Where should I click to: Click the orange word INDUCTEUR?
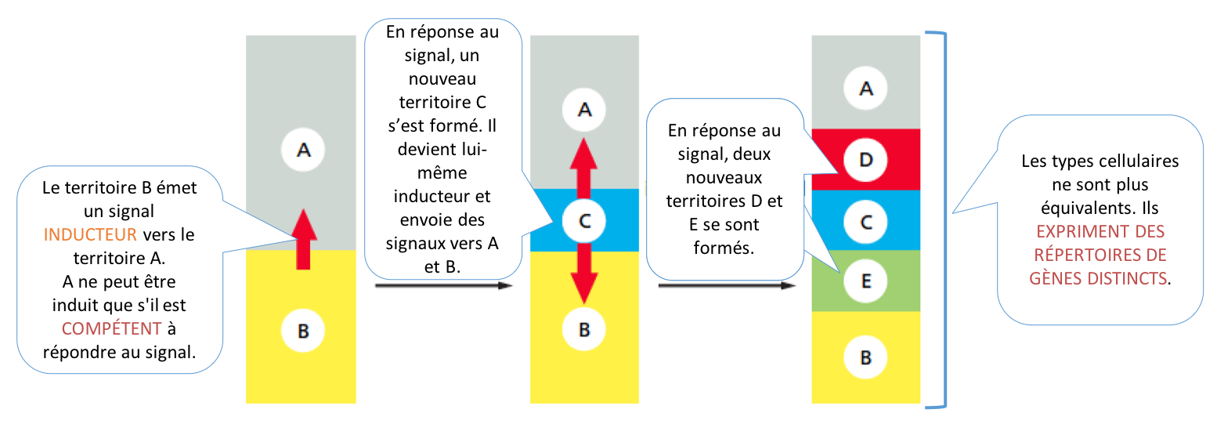click(90, 234)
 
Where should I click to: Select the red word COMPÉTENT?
click(111, 328)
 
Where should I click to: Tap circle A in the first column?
click(303, 150)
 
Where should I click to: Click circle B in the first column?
click(303, 331)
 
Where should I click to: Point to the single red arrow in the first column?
click(304, 239)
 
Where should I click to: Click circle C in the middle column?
click(584, 221)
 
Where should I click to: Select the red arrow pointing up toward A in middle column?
click(583, 168)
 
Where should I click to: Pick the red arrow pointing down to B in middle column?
click(584, 273)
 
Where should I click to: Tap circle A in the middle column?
click(584, 110)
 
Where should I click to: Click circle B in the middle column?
click(584, 329)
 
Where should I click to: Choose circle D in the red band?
click(865, 160)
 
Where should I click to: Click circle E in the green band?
click(865, 281)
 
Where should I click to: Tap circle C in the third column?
click(865, 223)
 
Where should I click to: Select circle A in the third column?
click(865, 88)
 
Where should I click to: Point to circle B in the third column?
click(865, 357)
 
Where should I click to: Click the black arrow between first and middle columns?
click(444, 285)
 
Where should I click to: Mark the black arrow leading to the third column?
click(727, 285)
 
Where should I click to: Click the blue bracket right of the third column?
click(945, 219)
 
